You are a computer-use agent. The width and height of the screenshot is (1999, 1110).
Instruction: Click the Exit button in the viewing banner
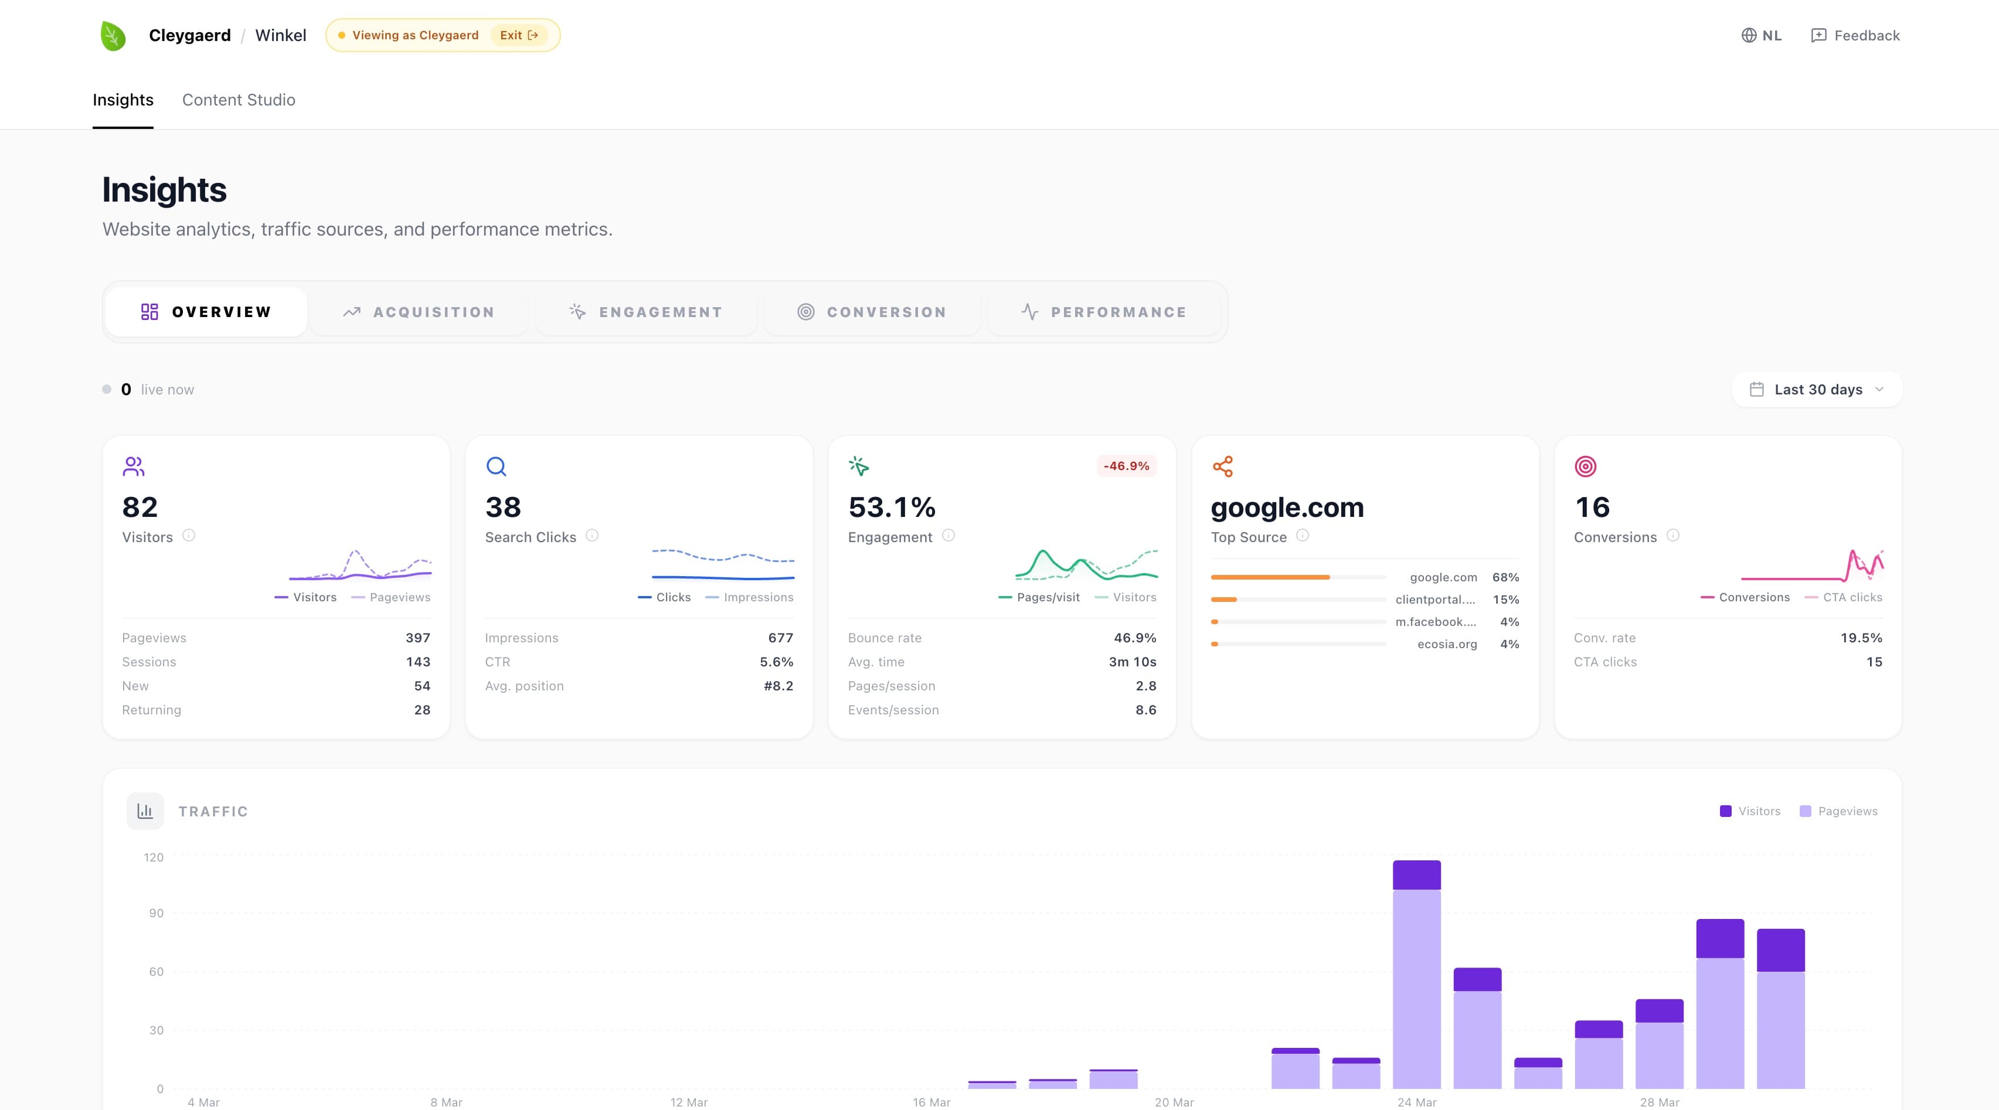pos(518,36)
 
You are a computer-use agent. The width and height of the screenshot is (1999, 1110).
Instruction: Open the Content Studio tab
pos(238,100)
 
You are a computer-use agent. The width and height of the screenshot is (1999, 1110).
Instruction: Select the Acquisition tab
pos(419,312)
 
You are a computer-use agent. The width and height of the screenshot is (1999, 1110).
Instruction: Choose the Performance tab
pos(1103,312)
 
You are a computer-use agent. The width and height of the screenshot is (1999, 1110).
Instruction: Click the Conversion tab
pos(872,312)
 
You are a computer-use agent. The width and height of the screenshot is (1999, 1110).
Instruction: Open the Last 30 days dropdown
pos(1817,389)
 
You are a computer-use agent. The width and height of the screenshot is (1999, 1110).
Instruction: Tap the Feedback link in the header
pos(1855,36)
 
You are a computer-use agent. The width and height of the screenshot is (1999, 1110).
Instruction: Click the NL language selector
pos(1762,36)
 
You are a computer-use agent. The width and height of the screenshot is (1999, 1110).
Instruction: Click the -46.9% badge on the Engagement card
pos(1126,466)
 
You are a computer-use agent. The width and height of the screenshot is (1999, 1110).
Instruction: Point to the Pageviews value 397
pos(417,638)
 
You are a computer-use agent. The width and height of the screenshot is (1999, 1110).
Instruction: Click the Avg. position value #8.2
pos(778,686)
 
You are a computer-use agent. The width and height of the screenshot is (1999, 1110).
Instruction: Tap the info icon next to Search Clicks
pos(592,535)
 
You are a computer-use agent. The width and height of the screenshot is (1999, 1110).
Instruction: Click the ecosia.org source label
pos(1446,644)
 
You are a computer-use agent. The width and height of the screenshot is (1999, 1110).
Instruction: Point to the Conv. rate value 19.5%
pos(1861,638)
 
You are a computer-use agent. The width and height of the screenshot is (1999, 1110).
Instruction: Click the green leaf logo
pos(113,36)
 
